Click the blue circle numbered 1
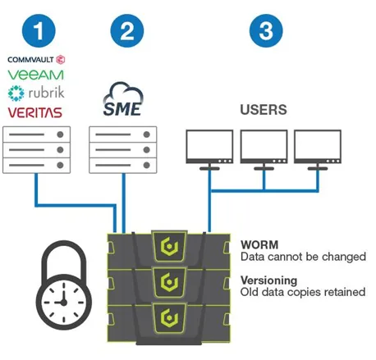39,30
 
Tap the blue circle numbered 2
127,30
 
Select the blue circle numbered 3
266,30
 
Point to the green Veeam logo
35,75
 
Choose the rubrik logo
36,93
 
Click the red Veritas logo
35,112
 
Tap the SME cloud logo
123,99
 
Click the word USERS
264,110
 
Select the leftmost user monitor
209,149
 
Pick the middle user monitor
264,149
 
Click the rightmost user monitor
318,149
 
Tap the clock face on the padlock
63,302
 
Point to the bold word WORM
259,244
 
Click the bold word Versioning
268,280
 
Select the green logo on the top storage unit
169,247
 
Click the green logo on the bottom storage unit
169,317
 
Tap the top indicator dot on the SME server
147,134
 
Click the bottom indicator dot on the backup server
60,165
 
